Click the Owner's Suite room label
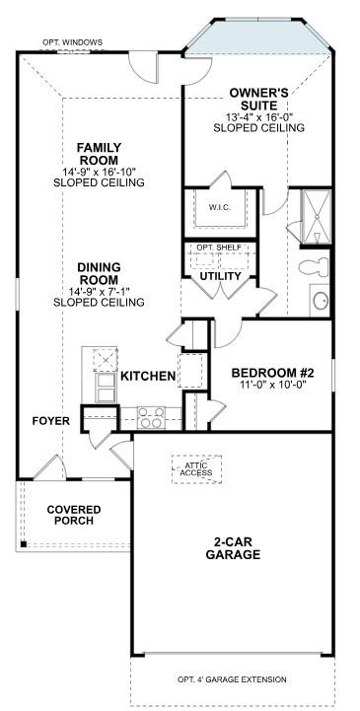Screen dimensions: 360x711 pos(258,99)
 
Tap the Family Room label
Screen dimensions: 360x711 pos(99,154)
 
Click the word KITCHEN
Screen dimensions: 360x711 pos(148,376)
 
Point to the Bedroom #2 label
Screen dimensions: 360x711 pos(272,373)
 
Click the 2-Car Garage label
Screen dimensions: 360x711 pos(233,547)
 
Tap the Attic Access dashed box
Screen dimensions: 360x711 pos(196,469)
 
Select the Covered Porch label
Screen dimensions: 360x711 pos(74,515)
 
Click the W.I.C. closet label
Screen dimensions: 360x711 pos(220,208)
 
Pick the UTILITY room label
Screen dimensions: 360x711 pos(221,276)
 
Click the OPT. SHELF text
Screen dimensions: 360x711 pos(219,248)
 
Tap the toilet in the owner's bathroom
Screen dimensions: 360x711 pos(314,266)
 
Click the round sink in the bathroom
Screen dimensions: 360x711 pos(321,300)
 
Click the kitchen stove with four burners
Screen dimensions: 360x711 pos(152,417)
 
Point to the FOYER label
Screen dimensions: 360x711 pos(51,421)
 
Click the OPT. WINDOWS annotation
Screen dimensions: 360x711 pos(73,42)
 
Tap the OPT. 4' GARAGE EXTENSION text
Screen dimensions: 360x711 pos(232,679)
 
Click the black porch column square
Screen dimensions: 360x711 pos(23,544)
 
